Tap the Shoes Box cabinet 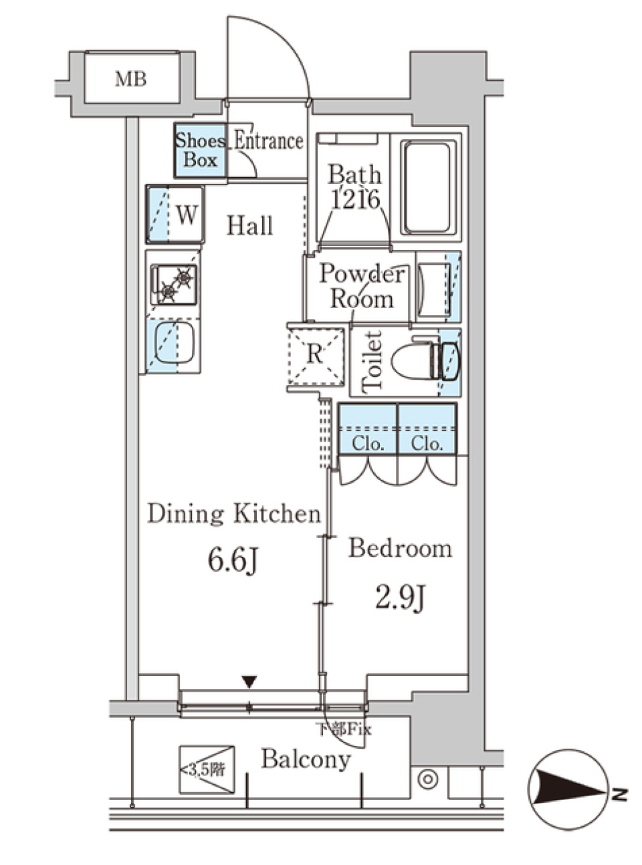tap(201, 150)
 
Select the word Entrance tap(269, 141)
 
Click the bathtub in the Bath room tap(428, 187)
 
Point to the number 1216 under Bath tap(355, 201)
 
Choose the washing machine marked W tap(175, 214)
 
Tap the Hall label tap(249, 226)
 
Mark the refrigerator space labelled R tap(316, 356)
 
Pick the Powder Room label tap(362, 287)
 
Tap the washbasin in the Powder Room tap(433, 286)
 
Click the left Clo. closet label tap(367, 444)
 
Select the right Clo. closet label tap(427, 444)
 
